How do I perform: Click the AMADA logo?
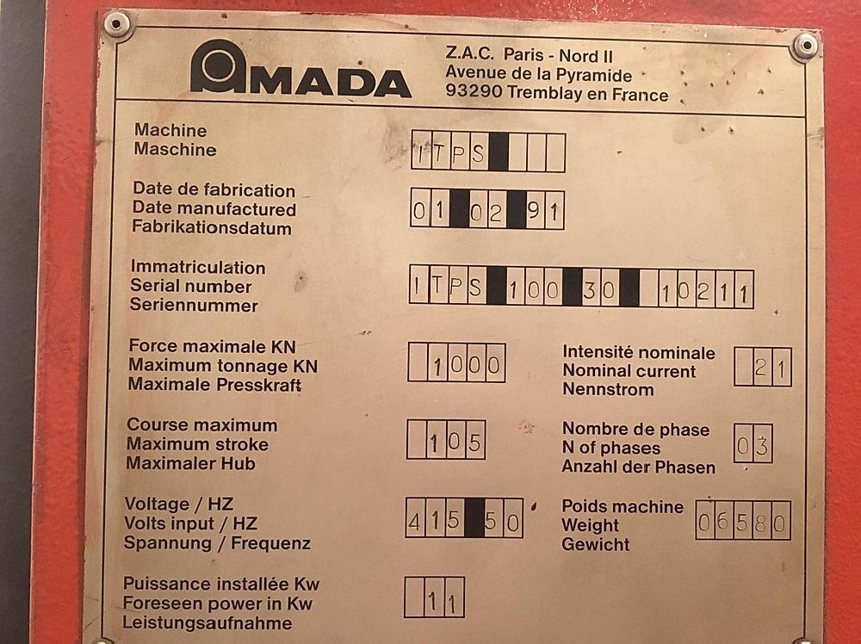[x=300, y=69]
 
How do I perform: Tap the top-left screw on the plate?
[x=116, y=23]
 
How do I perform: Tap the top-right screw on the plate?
[x=806, y=46]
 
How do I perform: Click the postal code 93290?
[x=474, y=90]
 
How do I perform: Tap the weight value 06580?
[x=742, y=522]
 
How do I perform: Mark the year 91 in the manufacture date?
[x=544, y=210]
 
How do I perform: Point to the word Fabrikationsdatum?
[x=212, y=228]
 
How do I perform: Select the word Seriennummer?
[x=194, y=306]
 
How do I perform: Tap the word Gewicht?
[x=595, y=545]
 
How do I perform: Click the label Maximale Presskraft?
[x=214, y=384]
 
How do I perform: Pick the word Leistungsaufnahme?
[x=207, y=623]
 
